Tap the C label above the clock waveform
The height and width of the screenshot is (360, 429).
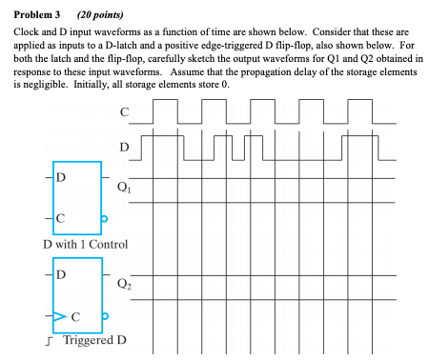pos(124,112)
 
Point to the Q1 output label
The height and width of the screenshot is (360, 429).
pos(123,188)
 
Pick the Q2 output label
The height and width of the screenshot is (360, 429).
pos(123,283)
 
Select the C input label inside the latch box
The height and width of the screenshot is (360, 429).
pos(61,220)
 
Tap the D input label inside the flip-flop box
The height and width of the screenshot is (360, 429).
pos(62,274)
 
